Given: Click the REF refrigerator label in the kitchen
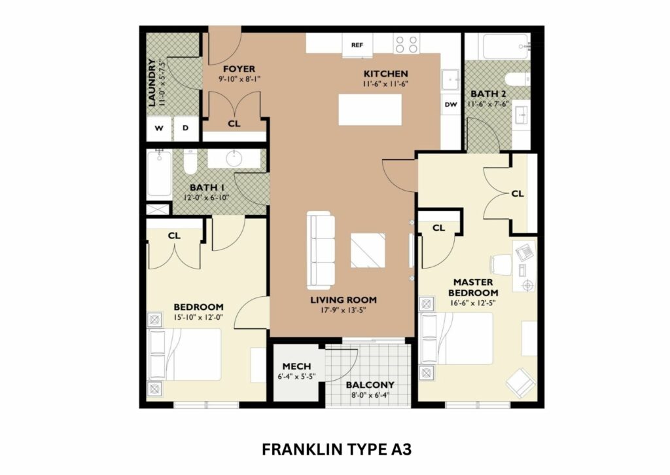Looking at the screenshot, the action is [357, 45].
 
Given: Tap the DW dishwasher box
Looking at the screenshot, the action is [451, 104].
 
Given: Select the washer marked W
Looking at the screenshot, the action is [159, 128].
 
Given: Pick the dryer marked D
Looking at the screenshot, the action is [185, 128].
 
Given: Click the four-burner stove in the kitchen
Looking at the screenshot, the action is [407, 44].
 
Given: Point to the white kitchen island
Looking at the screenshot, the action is [370, 109].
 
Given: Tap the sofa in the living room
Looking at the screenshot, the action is [321, 250].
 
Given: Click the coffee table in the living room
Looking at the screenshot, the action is [368, 251].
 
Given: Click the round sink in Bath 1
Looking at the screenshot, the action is [234, 159].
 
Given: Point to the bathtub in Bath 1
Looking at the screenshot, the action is [159, 174].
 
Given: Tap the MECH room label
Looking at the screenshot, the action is [296, 366].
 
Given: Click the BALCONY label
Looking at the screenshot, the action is [370, 385].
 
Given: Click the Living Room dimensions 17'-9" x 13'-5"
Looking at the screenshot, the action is [344, 310].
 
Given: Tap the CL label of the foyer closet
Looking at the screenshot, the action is [234, 124].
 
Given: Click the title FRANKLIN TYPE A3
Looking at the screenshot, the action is [337, 449].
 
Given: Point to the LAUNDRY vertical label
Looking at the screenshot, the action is [152, 83].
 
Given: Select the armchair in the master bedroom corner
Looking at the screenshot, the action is [520, 383].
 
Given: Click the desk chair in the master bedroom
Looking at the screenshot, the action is [500, 264].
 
